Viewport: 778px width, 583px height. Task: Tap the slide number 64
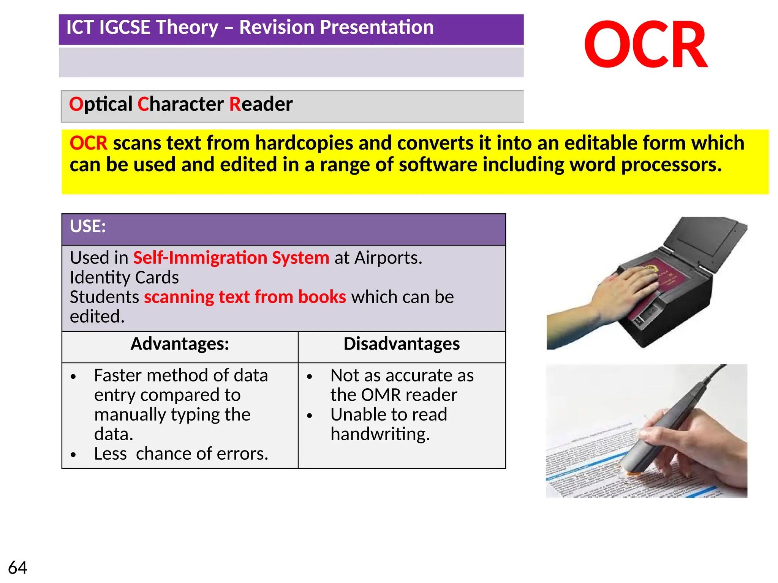click(x=17, y=568)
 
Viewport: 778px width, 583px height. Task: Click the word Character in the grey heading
click(x=180, y=104)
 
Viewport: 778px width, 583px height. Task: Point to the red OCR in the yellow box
click(x=88, y=143)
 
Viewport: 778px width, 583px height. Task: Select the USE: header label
click(x=88, y=226)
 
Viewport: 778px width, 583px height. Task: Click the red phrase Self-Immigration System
click(x=231, y=258)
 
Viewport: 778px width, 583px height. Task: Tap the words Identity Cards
click(x=124, y=277)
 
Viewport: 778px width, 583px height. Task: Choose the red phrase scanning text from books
click(x=245, y=297)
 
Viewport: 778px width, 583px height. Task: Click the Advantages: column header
click(x=180, y=344)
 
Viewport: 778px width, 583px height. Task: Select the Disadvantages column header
click(x=402, y=344)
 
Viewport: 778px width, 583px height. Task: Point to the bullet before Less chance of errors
click(x=73, y=454)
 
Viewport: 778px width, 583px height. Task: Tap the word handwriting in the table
click(x=380, y=434)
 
